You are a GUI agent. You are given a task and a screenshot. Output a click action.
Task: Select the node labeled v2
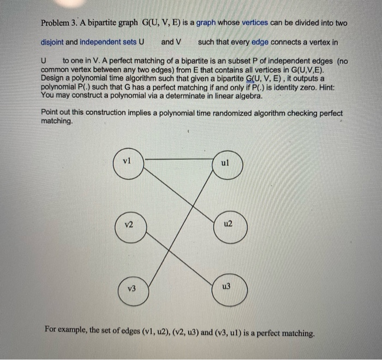[x=130, y=226]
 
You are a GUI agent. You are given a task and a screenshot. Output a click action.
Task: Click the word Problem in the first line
[x=56, y=23]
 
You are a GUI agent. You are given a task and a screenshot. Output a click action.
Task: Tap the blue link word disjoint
[x=54, y=42]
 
